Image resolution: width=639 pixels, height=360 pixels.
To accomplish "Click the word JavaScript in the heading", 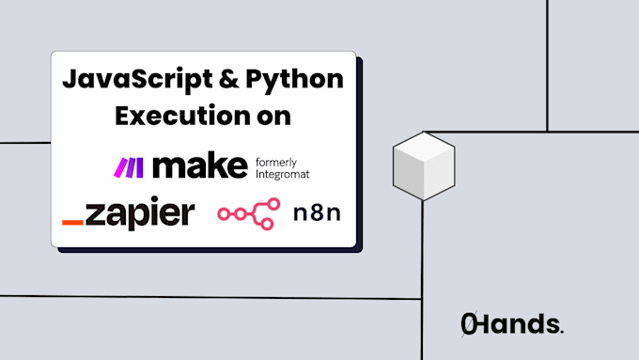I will [123, 79].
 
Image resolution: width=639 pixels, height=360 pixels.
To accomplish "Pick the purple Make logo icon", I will [128, 167].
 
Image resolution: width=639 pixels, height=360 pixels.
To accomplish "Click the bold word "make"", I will [199, 166].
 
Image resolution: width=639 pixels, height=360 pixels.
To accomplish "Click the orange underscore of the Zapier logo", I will [72, 223].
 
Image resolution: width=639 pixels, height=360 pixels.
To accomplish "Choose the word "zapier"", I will [139, 213].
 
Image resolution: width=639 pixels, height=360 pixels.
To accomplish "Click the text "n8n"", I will [315, 213].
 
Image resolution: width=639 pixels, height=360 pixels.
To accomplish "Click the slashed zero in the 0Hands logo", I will [469, 324].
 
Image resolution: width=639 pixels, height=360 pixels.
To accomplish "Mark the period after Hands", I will [561, 332].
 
